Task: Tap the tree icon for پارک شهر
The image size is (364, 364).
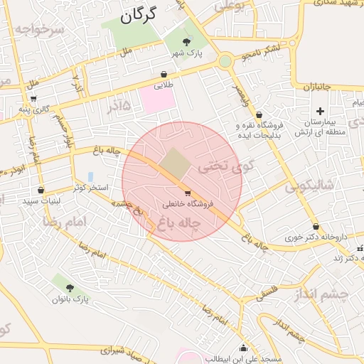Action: click(186, 42)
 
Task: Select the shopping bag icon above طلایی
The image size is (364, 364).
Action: click(164, 73)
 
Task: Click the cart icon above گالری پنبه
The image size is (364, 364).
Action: click(33, 98)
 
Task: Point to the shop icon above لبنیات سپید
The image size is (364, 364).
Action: click(41, 191)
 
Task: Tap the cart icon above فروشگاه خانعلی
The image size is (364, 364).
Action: click(187, 193)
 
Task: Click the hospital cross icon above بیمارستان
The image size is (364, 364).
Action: click(320, 111)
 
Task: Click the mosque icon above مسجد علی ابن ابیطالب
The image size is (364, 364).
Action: click(244, 348)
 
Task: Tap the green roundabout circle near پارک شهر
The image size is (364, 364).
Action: click(225, 61)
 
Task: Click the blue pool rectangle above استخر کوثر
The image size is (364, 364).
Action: click(90, 176)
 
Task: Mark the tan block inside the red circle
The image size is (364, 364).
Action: click(175, 164)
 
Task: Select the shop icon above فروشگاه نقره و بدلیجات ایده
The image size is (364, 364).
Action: click(258, 114)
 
